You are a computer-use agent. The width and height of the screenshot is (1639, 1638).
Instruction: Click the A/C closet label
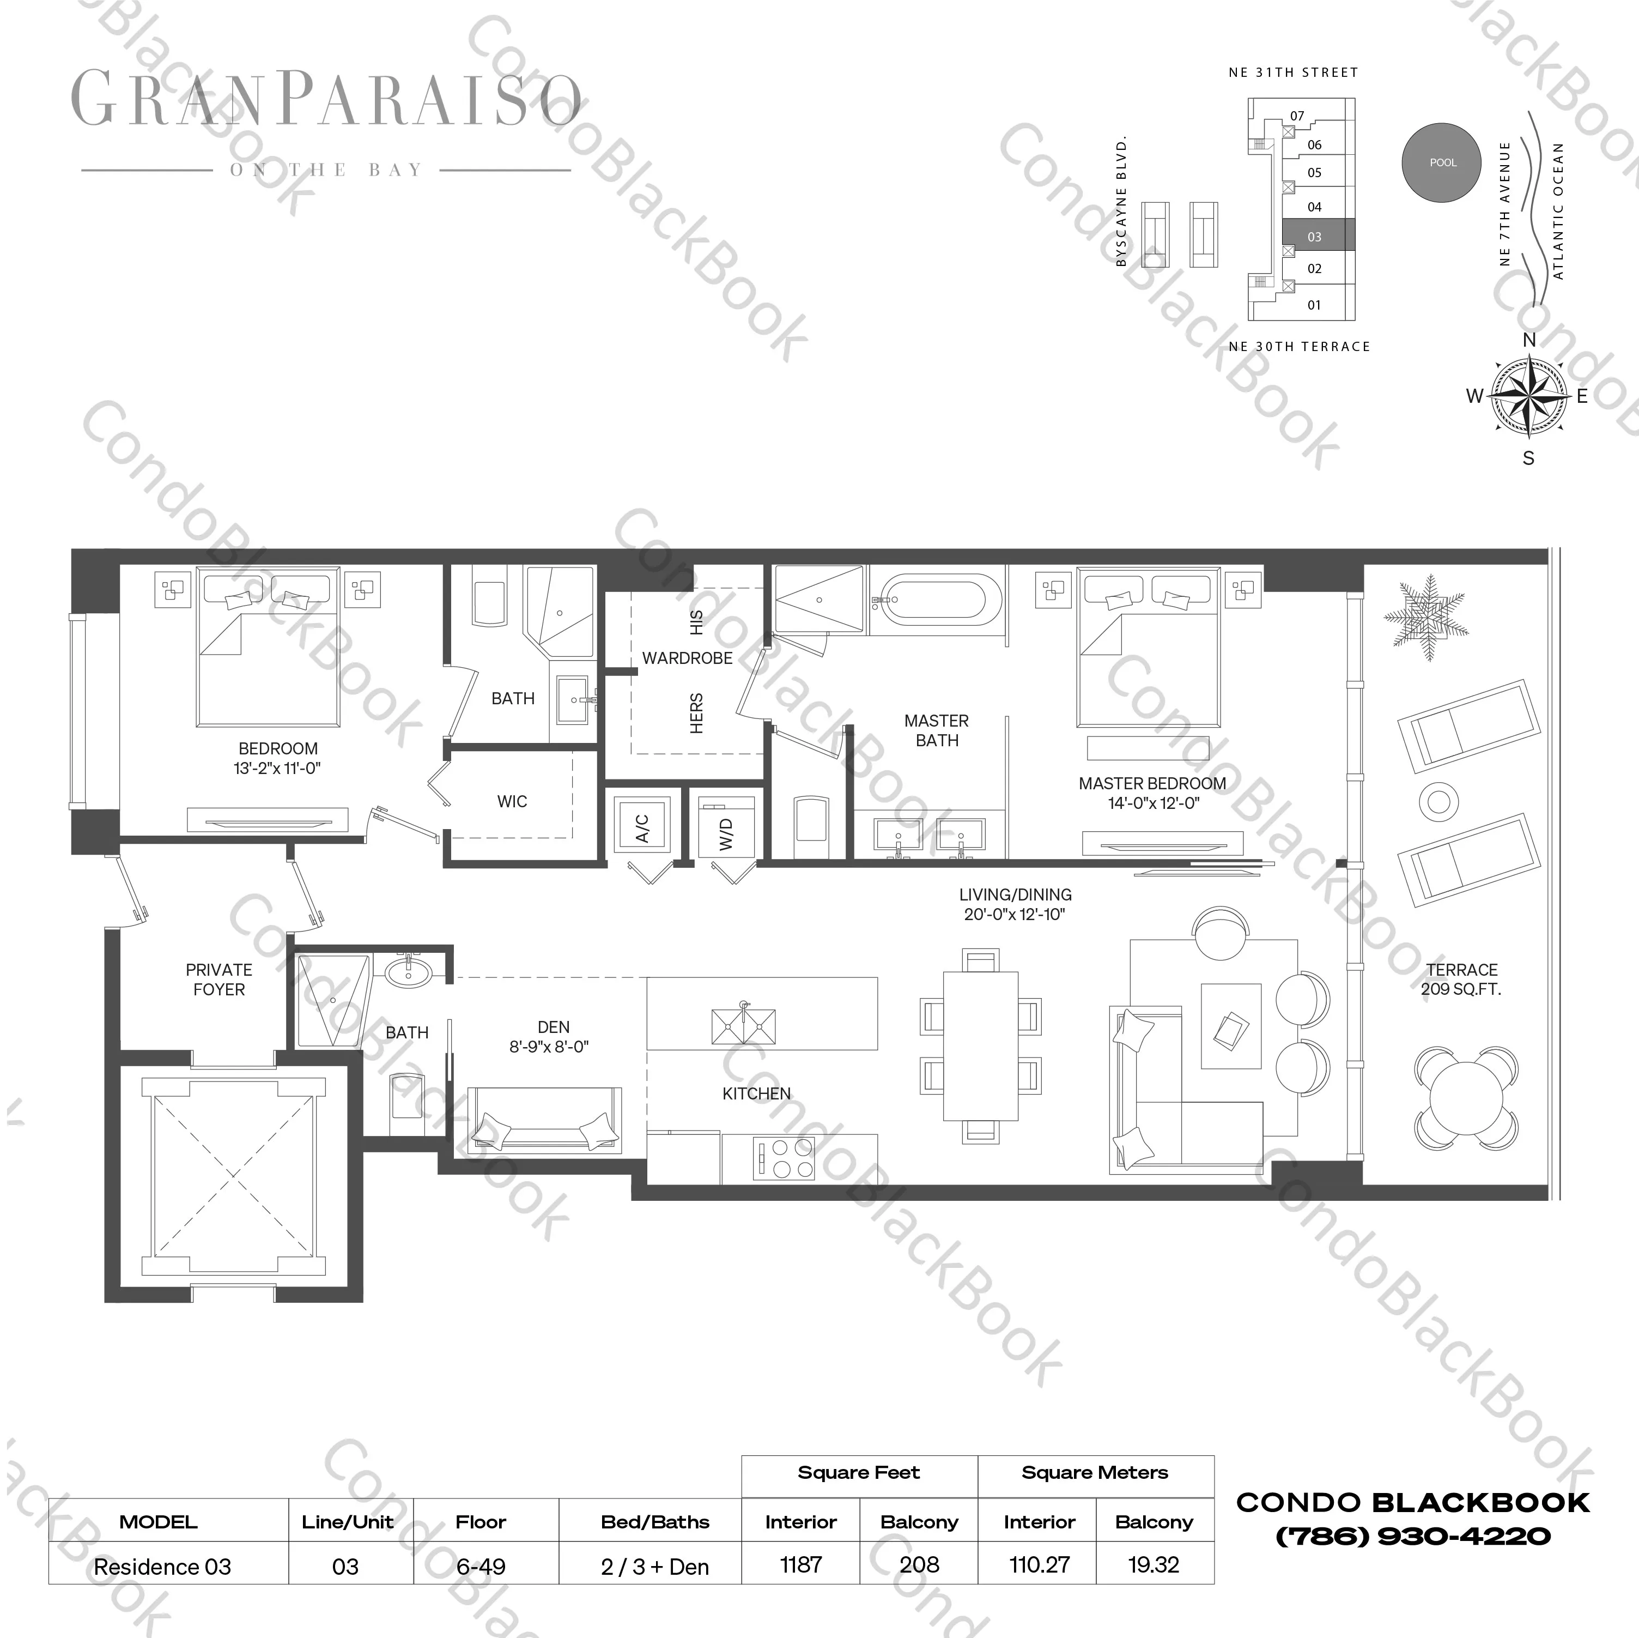tap(642, 827)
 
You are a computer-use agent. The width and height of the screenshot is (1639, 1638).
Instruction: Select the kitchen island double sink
tap(744, 1026)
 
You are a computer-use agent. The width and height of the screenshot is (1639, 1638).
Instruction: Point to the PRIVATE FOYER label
tap(219, 980)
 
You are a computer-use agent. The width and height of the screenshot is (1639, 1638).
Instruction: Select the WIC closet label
tap(512, 801)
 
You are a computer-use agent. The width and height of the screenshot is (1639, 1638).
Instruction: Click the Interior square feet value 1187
tap(801, 1564)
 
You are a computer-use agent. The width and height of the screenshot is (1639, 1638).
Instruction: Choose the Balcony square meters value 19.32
tap(1154, 1564)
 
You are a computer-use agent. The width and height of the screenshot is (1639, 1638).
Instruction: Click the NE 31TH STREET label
tap(1293, 73)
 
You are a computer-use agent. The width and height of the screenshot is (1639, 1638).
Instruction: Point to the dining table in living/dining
tap(981, 1045)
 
